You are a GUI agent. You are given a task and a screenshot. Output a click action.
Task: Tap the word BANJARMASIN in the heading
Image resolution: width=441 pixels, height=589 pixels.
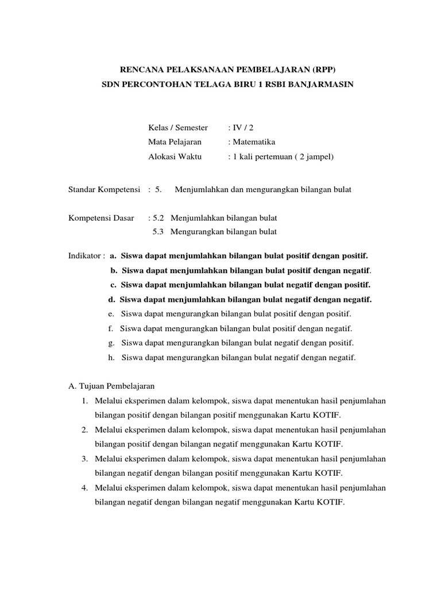click(322, 85)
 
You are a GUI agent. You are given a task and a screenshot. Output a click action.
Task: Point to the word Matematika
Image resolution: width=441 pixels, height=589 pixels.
click(254, 141)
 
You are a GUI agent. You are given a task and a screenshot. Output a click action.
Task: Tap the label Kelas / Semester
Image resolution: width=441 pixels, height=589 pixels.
click(177, 127)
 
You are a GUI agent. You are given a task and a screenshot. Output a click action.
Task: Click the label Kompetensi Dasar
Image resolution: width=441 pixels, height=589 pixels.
click(101, 218)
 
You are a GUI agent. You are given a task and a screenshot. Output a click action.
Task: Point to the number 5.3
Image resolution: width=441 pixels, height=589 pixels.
click(158, 232)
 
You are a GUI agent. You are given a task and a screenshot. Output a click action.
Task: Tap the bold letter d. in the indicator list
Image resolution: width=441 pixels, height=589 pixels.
click(111, 299)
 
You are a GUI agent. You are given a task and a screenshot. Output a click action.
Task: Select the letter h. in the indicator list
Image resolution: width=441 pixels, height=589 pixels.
click(111, 357)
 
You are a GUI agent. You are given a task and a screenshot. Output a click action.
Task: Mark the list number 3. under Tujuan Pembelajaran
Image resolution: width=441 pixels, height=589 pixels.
click(84, 458)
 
